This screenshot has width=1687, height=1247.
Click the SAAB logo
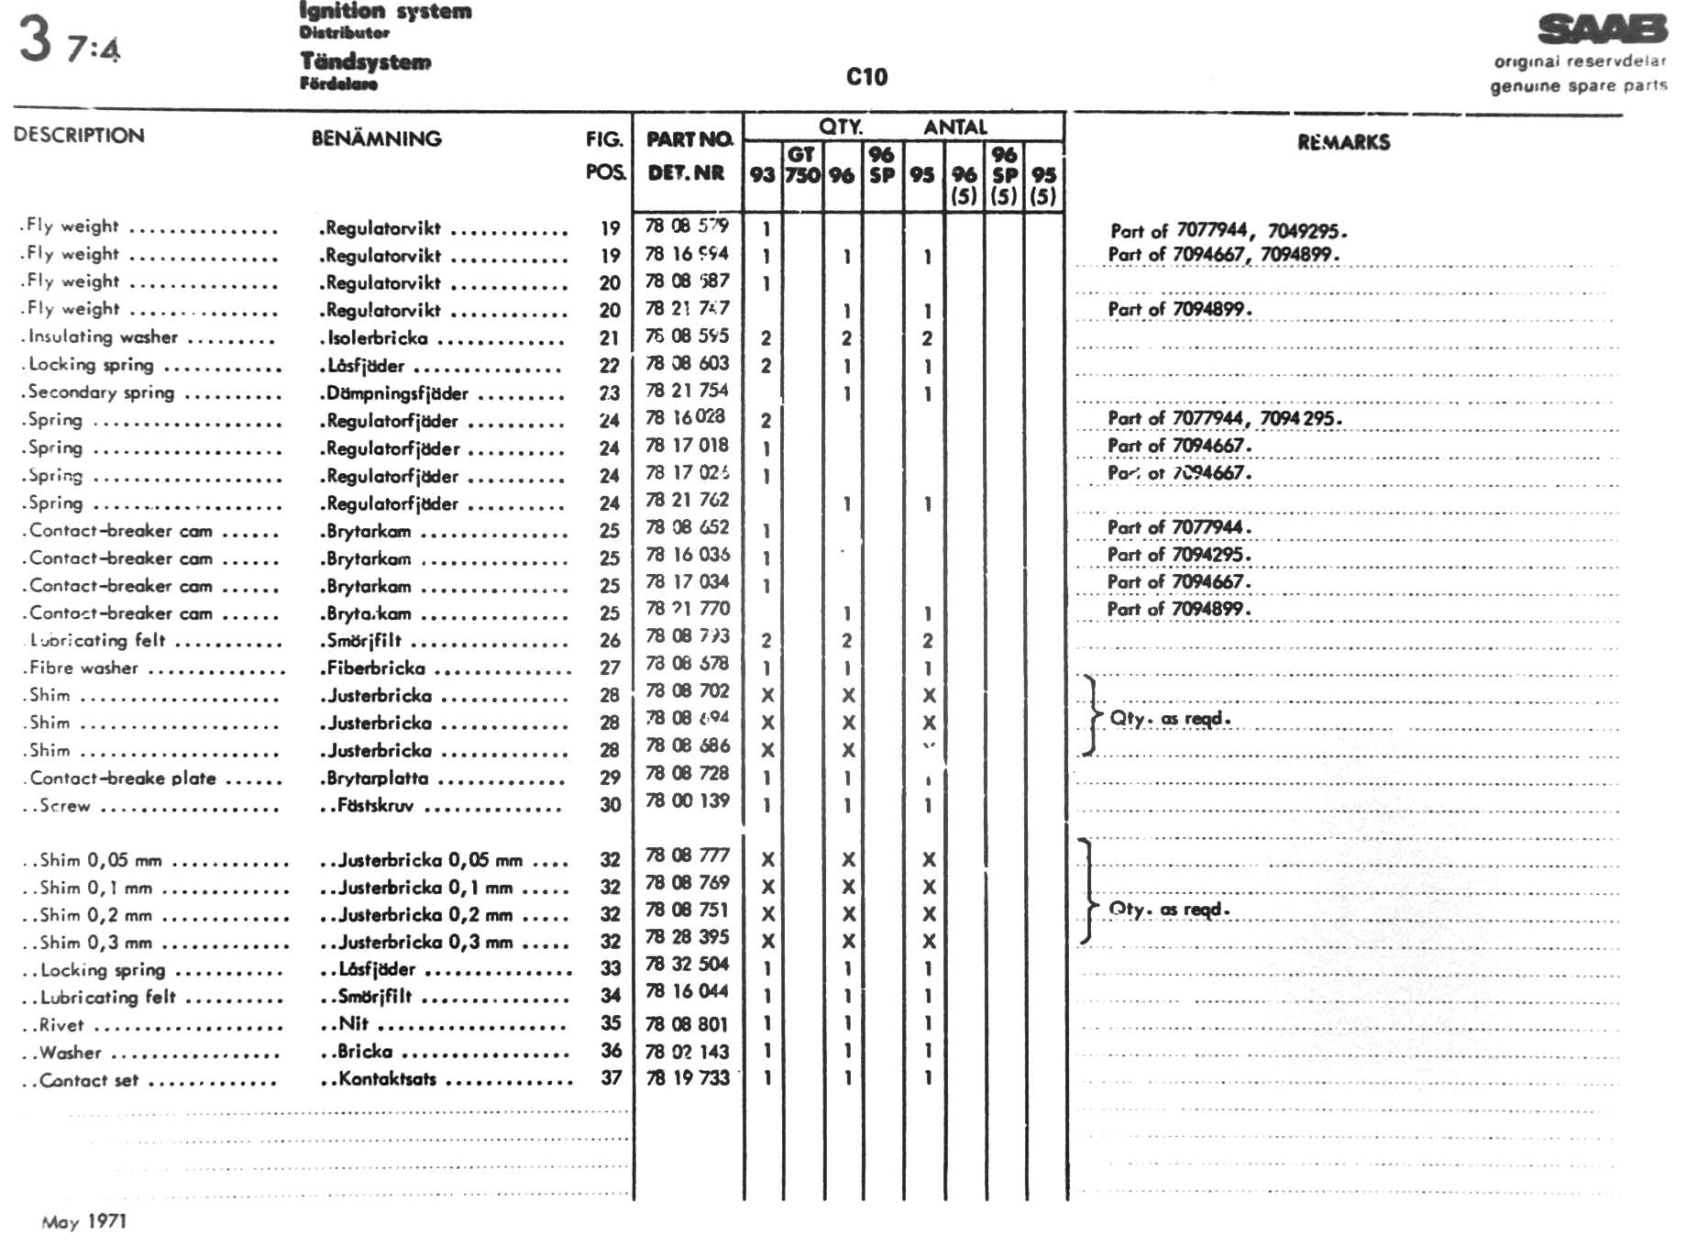(x=1602, y=29)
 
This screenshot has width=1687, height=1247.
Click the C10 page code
(x=866, y=77)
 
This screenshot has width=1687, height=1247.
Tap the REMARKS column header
(x=1343, y=142)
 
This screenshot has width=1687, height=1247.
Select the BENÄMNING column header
(x=376, y=138)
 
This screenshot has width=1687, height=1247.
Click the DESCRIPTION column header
(x=79, y=135)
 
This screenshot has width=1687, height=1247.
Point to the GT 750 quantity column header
(x=801, y=165)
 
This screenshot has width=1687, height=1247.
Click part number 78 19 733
(x=687, y=1078)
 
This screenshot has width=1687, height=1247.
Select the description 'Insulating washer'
(x=103, y=337)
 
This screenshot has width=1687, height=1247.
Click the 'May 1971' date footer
(x=83, y=1221)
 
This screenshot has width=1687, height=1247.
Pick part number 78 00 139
(x=687, y=800)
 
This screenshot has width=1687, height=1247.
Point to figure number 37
(x=612, y=1078)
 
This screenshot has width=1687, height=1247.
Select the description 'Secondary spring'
(x=101, y=392)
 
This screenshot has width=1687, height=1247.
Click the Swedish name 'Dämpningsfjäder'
(x=398, y=393)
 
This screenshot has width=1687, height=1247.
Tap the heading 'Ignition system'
(x=385, y=11)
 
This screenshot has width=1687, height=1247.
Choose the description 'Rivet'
(x=61, y=1025)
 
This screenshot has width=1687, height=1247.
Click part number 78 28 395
(x=687, y=937)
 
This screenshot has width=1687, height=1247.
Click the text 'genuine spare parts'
(x=1578, y=86)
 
